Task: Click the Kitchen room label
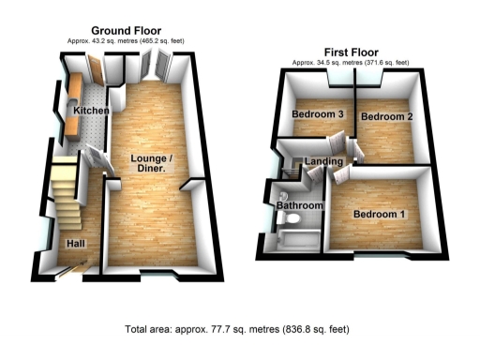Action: pyautogui.click(x=92, y=112)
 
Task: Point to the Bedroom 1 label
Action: pyautogui.click(x=379, y=215)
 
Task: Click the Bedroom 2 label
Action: pyautogui.click(x=387, y=116)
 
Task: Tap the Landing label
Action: pyautogui.click(x=322, y=162)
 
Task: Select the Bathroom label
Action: pyautogui.click(x=300, y=205)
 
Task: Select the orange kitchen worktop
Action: pyautogui.click(x=73, y=94)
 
